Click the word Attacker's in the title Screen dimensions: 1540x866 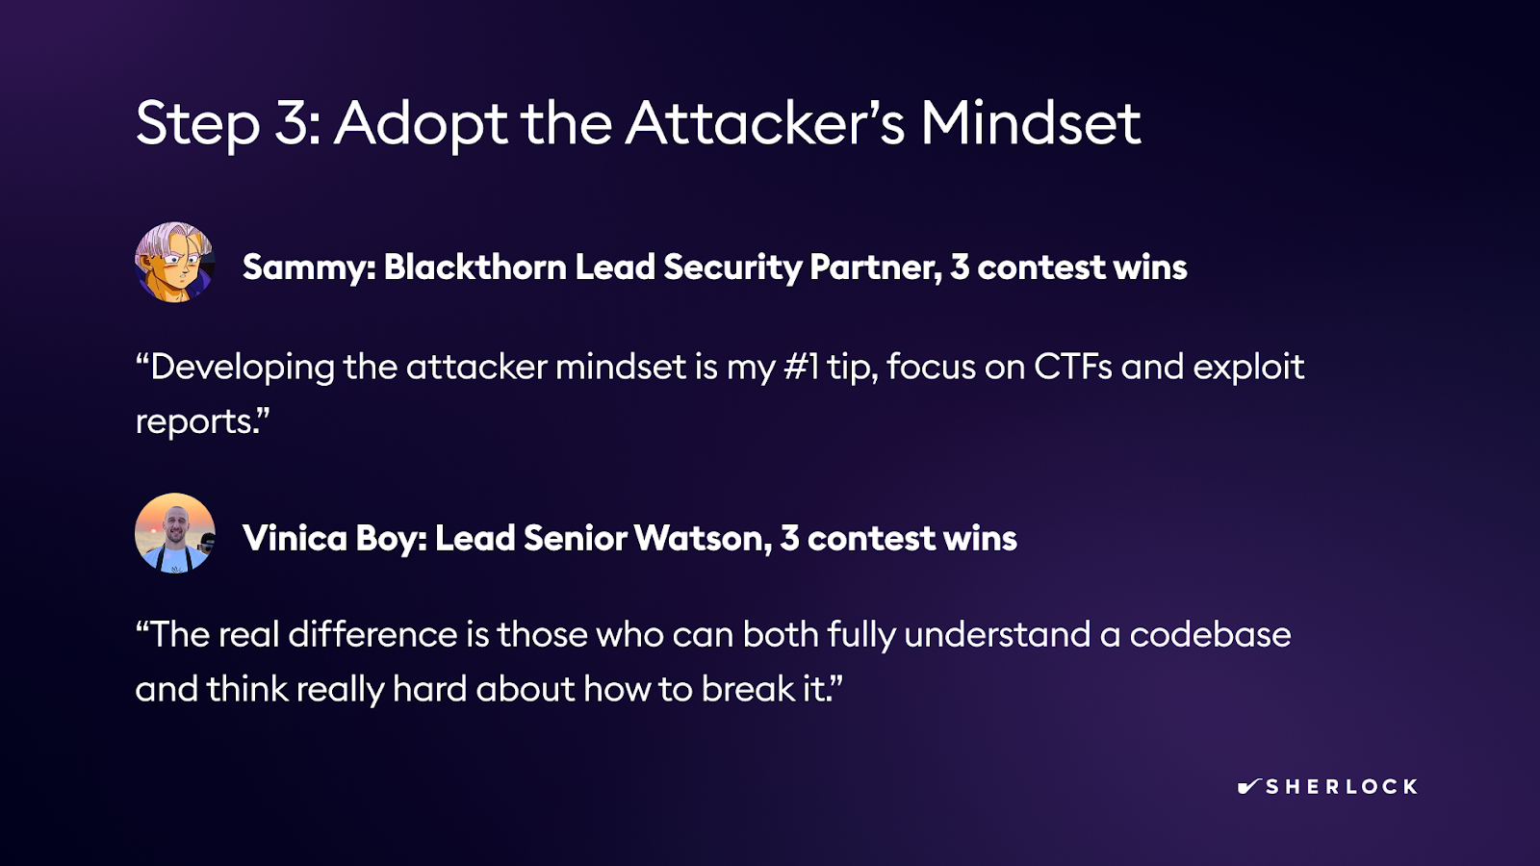764,124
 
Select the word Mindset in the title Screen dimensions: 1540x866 1031,124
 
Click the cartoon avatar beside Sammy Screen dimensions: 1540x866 174,262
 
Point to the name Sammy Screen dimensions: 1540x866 307,267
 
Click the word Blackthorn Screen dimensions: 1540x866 475,267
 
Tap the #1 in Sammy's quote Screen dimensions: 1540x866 801,367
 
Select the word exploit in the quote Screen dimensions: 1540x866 1248,368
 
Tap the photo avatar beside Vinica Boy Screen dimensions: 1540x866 174,533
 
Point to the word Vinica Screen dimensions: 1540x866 295,538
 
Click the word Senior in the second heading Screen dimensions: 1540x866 575,538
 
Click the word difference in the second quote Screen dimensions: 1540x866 372,634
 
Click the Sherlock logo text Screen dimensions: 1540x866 1342,787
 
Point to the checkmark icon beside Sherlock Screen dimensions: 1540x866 1248,786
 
